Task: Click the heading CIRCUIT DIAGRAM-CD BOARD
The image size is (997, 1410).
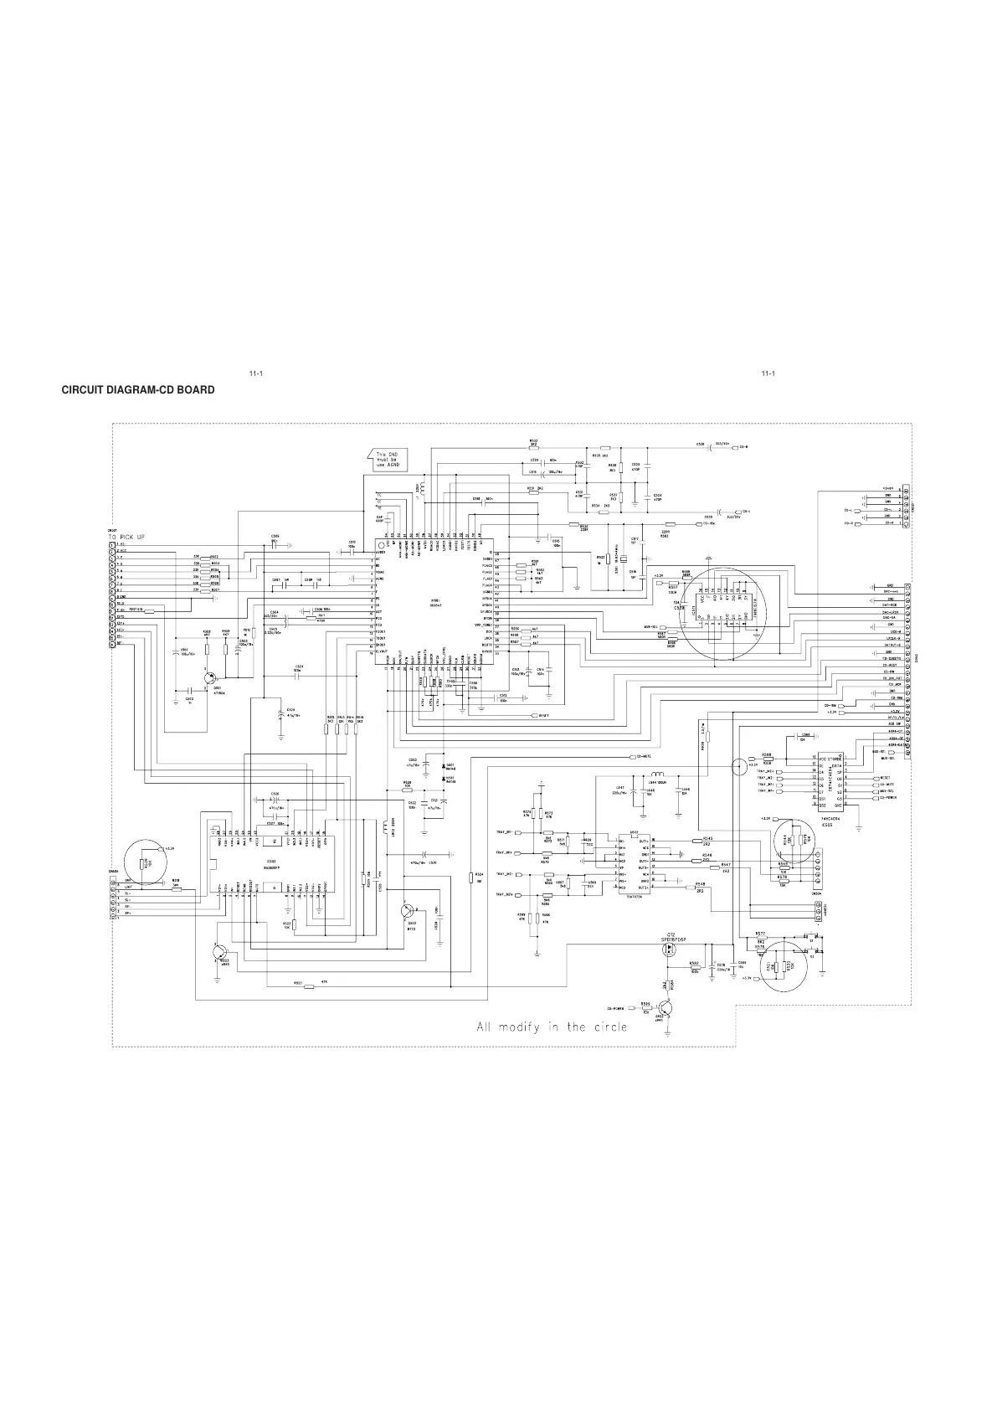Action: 138,390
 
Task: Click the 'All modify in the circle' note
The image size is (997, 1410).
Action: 551,1027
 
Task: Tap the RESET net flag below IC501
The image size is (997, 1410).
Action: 543,716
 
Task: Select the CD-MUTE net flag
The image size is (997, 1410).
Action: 644,756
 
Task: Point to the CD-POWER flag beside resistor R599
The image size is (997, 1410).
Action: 619,1009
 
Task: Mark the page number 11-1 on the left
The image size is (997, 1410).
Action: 256,373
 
